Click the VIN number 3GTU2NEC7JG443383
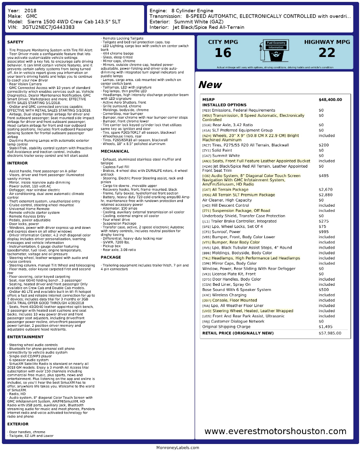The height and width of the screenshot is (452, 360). tap(48, 27)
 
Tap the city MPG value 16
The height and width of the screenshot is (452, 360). tap(223, 53)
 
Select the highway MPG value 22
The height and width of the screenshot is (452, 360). tap(327, 53)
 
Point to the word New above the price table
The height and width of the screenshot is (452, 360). tap(210, 85)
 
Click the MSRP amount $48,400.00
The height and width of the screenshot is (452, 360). tap(330, 100)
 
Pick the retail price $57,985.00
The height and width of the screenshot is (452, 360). tap(330, 333)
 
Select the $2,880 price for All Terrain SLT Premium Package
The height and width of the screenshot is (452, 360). tap(326, 195)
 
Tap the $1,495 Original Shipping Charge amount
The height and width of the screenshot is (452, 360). tap(325, 326)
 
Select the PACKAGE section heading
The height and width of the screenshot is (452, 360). tap(111, 258)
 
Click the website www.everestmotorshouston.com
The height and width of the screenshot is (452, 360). tap(275, 431)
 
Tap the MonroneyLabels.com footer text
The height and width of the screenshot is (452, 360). tap(180, 448)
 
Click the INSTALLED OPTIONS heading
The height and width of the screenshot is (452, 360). tap(224, 105)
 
